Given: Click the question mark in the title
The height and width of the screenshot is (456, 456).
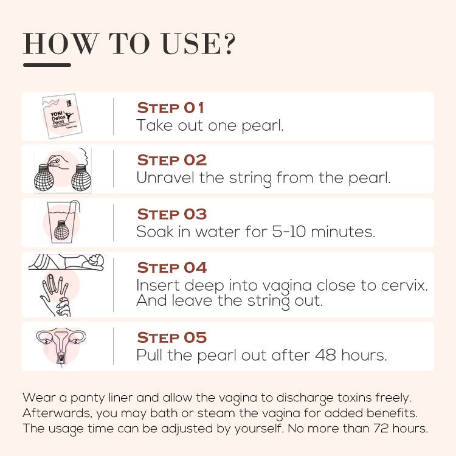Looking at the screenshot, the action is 229,44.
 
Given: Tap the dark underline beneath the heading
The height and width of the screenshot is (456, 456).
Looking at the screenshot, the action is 47,65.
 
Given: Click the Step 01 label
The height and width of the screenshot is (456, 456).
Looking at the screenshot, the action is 170,108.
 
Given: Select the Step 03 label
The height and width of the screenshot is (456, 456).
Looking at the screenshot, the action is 172,215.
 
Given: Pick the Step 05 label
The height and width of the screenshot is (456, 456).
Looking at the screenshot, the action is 172,337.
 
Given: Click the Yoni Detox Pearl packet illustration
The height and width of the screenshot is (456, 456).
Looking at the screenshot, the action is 62,116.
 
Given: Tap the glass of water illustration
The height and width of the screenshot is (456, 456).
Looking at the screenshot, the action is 63,221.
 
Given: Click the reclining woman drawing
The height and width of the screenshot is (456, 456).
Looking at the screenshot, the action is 66,262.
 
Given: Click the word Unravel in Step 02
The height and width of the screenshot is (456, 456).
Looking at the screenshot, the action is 165,178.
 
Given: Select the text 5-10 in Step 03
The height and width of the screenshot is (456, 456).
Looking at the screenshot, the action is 289,232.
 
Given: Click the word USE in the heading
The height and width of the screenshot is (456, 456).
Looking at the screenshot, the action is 192,44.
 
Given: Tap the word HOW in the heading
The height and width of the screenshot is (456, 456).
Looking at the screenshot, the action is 61,44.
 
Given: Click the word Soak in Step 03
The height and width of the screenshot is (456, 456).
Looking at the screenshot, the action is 154,232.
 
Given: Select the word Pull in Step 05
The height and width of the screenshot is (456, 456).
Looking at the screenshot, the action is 149,355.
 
